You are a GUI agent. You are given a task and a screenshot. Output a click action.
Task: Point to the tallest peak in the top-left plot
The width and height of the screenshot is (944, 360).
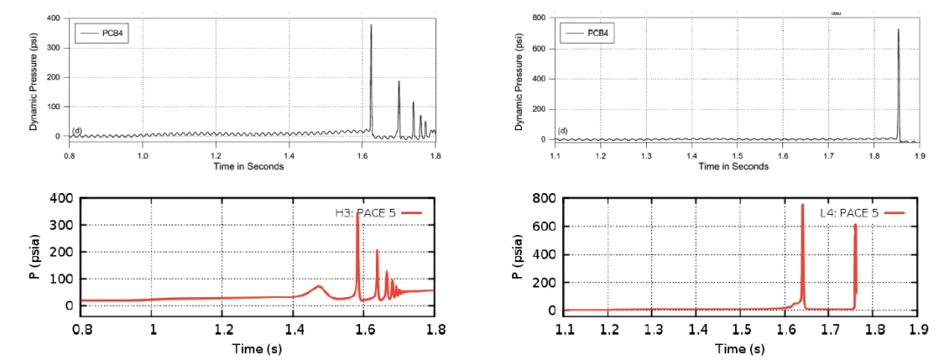(371, 25)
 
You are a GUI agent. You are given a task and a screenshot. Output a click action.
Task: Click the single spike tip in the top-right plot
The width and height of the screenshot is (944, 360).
(898, 30)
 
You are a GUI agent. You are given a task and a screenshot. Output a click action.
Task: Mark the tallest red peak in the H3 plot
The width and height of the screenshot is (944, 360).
(357, 215)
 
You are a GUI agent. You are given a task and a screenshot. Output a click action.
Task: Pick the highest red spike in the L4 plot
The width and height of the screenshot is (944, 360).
(802, 205)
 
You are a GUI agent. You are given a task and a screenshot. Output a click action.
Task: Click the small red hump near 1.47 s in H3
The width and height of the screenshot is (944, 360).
(319, 286)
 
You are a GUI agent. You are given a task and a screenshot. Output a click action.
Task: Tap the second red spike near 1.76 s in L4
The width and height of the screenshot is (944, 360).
(855, 225)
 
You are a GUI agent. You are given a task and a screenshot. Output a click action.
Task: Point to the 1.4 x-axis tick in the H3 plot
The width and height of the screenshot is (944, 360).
(295, 330)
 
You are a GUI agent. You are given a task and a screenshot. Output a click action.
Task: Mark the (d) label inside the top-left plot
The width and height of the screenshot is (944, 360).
(77, 131)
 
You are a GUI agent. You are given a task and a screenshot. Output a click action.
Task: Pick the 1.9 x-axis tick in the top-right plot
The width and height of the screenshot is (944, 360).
(917, 155)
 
